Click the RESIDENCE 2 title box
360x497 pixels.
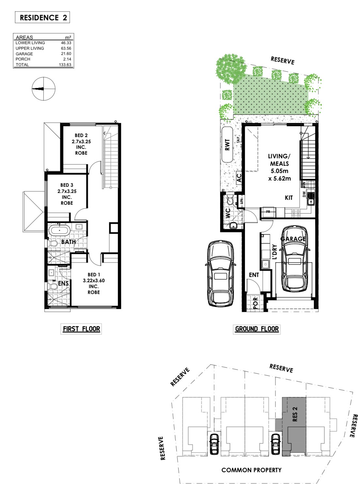tap(42, 18)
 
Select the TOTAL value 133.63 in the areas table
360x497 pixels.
tap(65, 64)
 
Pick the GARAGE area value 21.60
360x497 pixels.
tap(66, 54)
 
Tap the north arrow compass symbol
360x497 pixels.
tap(44, 89)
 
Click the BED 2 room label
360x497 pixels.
tap(81, 135)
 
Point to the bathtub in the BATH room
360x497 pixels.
tap(59, 230)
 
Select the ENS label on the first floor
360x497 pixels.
tap(63, 283)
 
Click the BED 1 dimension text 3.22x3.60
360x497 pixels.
tap(94, 281)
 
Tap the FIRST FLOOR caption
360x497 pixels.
tap(81, 329)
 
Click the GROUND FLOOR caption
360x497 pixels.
tap(257, 329)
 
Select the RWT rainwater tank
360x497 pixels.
tap(227, 145)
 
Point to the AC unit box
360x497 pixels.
tap(239, 178)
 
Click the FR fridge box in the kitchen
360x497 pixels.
tap(268, 212)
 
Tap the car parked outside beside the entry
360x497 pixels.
tap(220, 273)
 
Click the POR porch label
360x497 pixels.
tap(255, 303)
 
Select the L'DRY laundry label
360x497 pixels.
tap(274, 252)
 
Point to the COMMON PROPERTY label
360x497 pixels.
tap(252, 470)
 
